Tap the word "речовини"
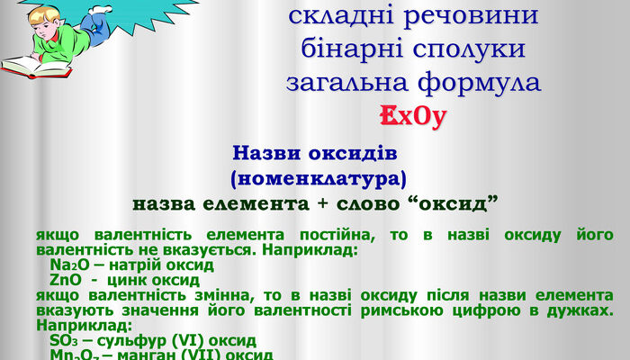click(x=464, y=15)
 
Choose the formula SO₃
click(x=66, y=342)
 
